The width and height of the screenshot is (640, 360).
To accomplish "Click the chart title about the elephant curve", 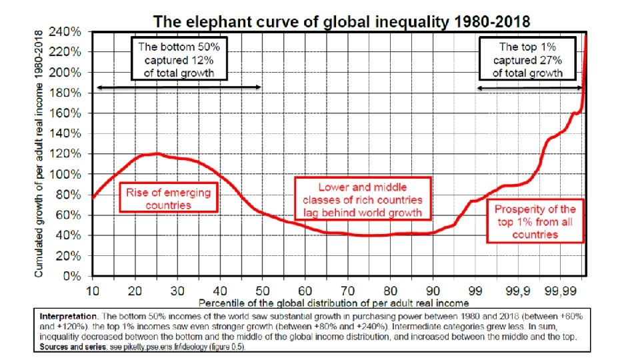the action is pyautogui.click(x=341, y=21).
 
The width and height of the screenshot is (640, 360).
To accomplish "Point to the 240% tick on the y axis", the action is pyautogui.click(x=65, y=32).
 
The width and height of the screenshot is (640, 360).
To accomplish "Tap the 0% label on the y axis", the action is pyautogui.click(x=72, y=276).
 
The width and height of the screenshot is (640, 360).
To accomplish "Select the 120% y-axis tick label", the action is pyautogui.click(x=65, y=154).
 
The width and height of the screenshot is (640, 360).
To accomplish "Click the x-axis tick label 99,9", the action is pyautogui.click(x=517, y=291).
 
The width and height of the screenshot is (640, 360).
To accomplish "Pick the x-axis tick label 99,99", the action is pyautogui.click(x=561, y=291).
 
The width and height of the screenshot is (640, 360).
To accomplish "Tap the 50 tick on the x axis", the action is pyautogui.click(x=263, y=291).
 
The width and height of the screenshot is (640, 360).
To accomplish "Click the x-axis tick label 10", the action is pyautogui.click(x=92, y=291).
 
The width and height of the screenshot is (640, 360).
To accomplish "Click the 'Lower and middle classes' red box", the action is pyautogui.click(x=363, y=199).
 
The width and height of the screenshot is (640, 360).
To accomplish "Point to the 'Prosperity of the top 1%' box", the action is pyautogui.click(x=535, y=221).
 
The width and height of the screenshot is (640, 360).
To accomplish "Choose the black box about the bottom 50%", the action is pyautogui.click(x=179, y=59).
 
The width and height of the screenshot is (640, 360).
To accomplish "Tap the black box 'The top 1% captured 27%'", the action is pyautogui.click(x=527, y=59).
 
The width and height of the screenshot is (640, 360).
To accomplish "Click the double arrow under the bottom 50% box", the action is pyautogui.click(x=179, y=87).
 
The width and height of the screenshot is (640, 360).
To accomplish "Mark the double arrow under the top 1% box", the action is pyautogui.click(x=530, y=88).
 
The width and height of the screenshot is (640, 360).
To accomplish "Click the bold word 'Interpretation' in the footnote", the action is pyautogui.click(x=68, y=316).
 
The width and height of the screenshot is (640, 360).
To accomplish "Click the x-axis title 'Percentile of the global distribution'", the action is pyautogui.click(x=333, y=303).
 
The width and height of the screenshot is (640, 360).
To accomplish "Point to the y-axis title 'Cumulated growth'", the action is pyautogui.click(x=39, y=154).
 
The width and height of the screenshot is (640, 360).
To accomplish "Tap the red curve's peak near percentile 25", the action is pyautogui.click(x=157, y=153).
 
